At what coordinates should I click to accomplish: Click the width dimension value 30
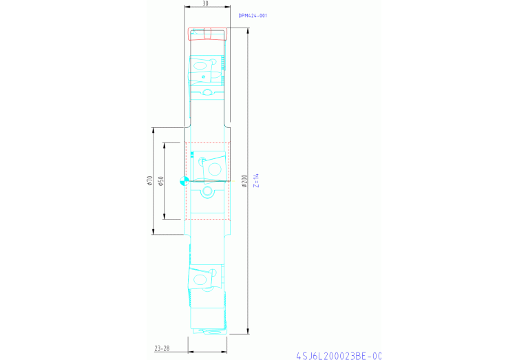(x=205, y=3)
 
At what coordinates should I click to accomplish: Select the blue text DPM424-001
(x=253, y=16)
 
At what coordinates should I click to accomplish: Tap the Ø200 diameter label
(x=244, y=181)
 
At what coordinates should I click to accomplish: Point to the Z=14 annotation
(x=257, y=180)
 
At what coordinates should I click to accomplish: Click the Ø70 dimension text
(x=150, y=181)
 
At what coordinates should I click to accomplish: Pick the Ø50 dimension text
(x=160, y=181)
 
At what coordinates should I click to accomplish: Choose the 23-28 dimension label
(x=162, y=348)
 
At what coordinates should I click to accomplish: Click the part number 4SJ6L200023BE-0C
(x=339, y=356)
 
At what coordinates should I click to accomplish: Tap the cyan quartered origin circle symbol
(x=184, y=181)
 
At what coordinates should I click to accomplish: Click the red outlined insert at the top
(x=207, y=34)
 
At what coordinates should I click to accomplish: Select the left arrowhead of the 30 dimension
(x=187, y=7)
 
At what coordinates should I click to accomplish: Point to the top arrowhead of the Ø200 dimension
(x=249, y=30)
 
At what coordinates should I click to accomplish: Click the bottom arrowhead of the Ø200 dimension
(x=249, y=332)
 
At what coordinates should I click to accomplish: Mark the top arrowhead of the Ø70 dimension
(x=154, y=130)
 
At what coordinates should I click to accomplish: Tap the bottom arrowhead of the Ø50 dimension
(x=165, y=217)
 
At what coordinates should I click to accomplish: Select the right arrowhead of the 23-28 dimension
(x=224, y=352)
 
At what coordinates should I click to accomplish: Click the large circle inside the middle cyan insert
(x=215, y=169)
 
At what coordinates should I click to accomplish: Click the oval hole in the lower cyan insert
(x=200, y=279)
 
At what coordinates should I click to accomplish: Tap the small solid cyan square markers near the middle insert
(x=192, y=155)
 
